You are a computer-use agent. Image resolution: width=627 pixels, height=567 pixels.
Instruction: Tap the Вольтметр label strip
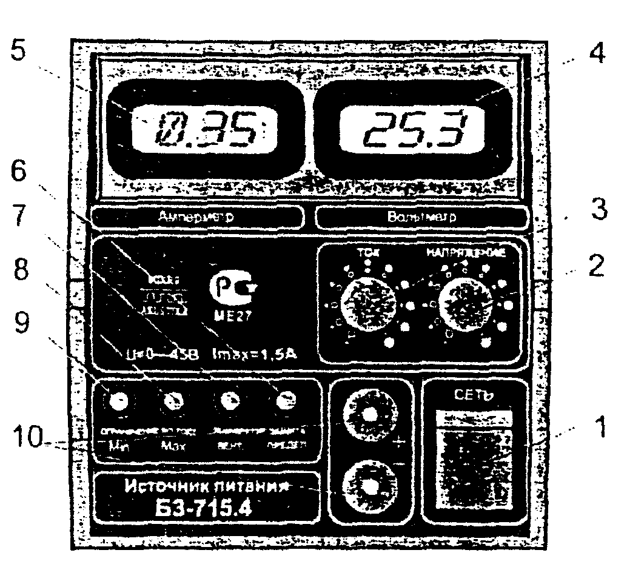tap(422, 216)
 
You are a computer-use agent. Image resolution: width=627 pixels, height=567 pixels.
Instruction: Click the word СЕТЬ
tap(474, 395)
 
